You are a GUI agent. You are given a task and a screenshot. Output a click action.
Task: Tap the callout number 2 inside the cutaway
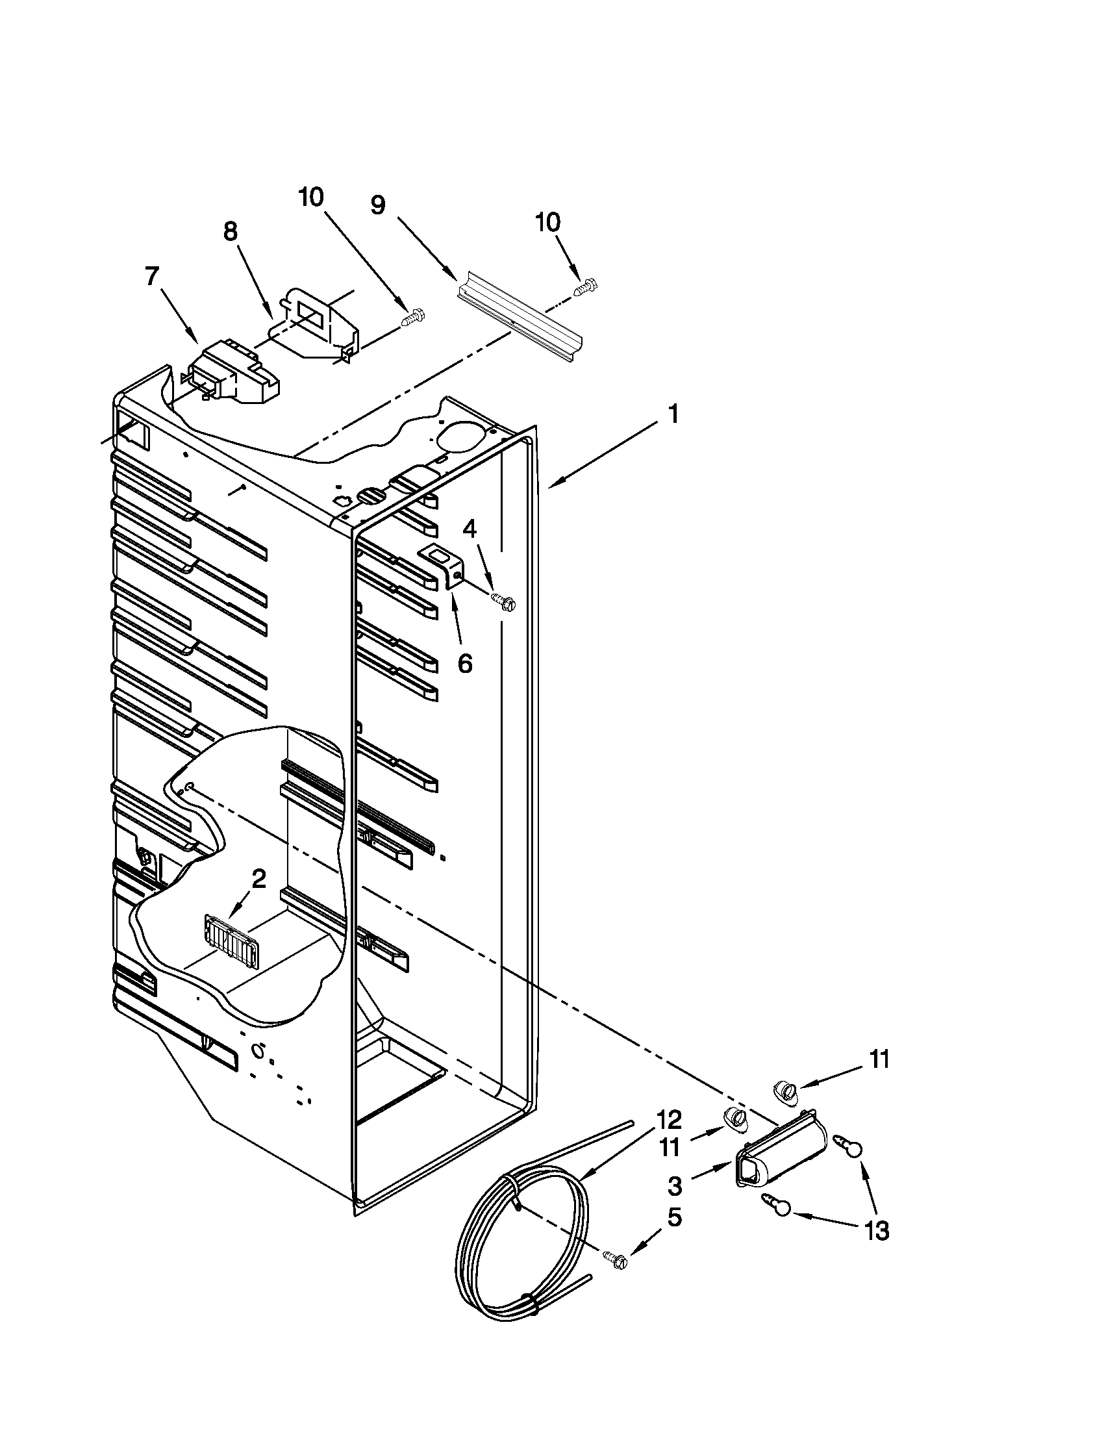coord(259,879)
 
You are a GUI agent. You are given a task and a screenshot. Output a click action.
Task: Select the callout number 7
coord(152,277)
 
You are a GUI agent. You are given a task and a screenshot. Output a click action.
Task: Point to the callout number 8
coord(231,232)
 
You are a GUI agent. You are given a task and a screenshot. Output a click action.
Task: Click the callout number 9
coord(377,205)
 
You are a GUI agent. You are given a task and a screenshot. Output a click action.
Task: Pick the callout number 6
coord(464,663)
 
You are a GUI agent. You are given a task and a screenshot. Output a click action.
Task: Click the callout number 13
coord(877,1232)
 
